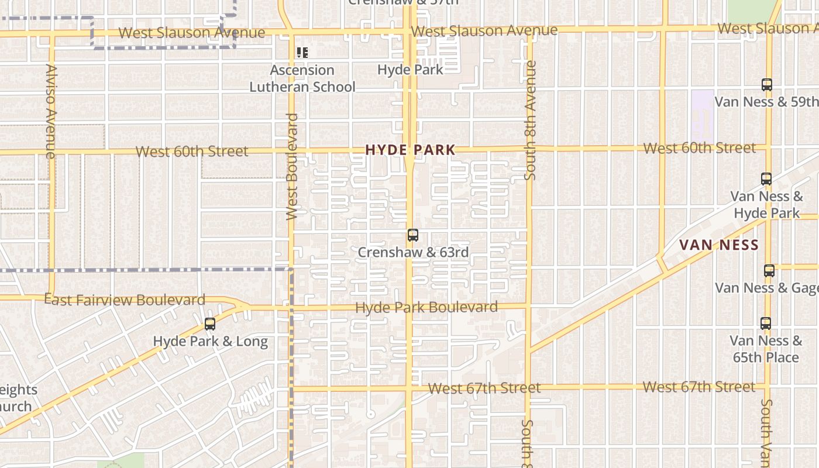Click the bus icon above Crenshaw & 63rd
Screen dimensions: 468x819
pos(413,235)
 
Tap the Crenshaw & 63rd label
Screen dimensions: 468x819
pos(413,253)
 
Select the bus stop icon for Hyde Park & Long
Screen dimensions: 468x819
pos(210,324)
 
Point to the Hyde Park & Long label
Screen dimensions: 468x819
pos(210,342)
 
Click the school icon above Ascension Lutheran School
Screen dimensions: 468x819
pos(302,53)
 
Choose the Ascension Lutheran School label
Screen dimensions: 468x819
pos(302,78)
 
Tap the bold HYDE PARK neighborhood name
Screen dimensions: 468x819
pos(410,150)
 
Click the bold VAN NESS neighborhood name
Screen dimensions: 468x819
pos(719,245)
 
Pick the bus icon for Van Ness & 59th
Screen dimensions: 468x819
pos(767,84)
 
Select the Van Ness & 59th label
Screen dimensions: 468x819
pos(766,102)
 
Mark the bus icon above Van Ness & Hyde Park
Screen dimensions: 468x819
pos(766,178)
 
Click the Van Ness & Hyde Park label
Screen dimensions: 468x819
pos(766,205)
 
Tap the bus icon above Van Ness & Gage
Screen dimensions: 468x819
pos(769,271)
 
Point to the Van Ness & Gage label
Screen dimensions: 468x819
pos(766,288)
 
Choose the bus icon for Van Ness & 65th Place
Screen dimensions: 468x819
pos(766,323)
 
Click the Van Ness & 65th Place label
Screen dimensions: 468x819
pos(766,349)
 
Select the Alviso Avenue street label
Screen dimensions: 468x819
pos(50,111)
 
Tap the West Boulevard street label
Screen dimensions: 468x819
pos(292,167)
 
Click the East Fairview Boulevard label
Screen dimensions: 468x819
pos(125,300)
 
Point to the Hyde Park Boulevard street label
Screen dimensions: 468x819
pos(426,307)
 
